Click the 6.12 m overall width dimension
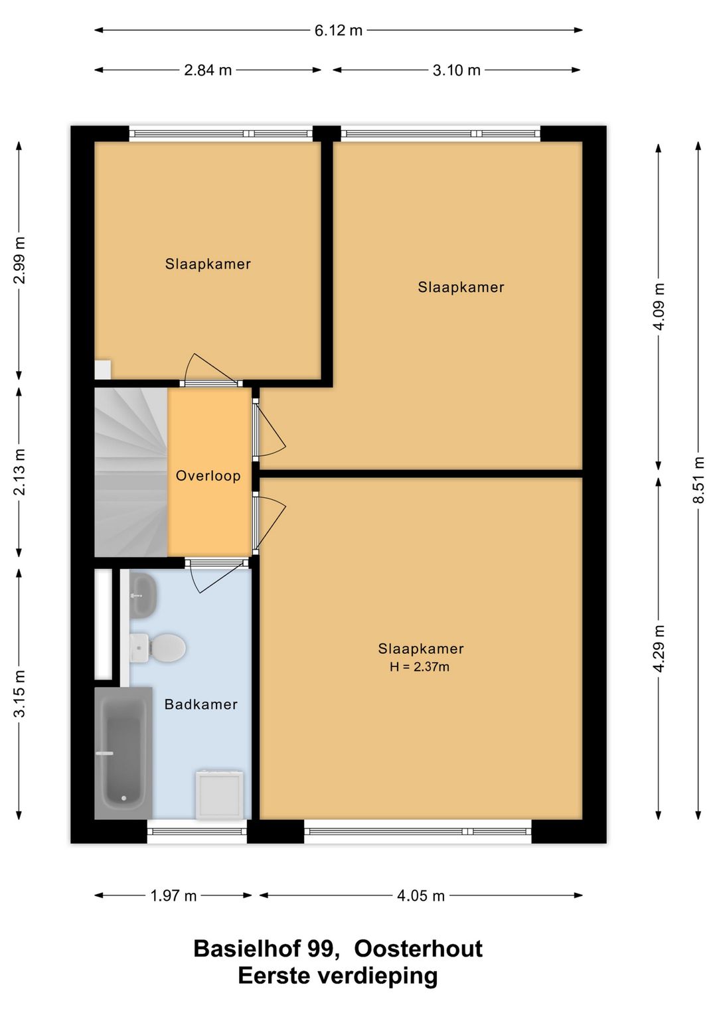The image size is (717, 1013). pyautogui.click(x=339, y=31)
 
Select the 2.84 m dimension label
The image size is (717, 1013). pyautogui.click(x=208, y=70)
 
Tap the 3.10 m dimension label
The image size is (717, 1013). pyautogui.click(x=457, y=70)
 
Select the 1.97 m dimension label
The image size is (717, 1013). pyautogui.click(x=173, y=896)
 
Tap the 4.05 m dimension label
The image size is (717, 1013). pyautogui.click(x=421, y=896)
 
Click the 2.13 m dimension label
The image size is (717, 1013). pyautogui.click(x=19, y=472)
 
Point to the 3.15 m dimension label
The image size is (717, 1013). pyautogui.click(x=19, y=694)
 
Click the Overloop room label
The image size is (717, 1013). pyautogui.click(x=208, y=476)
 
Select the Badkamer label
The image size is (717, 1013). pyautogui.click(x=201, y=704)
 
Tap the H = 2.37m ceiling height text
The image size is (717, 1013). pyautogui.click(x=420, y=667)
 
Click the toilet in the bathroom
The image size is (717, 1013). pyautogui.click(x=157, y=648)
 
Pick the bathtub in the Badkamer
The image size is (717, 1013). pyautogui.click(x=123, y=753)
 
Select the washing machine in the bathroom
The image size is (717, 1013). pyautogui.click(x=219, y=795)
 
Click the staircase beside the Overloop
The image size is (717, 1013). pyautogui.click(x=131, y=472)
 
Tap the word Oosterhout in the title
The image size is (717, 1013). pyautogui.click(x=418, y=949)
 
